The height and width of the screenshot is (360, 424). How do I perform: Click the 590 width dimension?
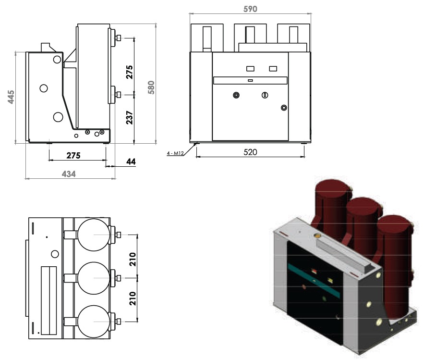(x=250, y=9)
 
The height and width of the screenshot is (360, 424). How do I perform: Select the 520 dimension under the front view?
(x=250, y=152)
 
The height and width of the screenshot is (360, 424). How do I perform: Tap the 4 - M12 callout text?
(x=175, y=153)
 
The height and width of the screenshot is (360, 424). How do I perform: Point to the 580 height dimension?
(x=151, y=87)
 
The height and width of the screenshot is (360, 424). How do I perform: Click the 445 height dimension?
(x=11, y=97)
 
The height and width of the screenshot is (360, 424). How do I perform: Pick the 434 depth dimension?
(x=69, y=174)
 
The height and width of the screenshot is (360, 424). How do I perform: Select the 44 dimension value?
(x=131, y=161)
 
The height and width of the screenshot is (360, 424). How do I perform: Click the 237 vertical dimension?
(x=130, y=117)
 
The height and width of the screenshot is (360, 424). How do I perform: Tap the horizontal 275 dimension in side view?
(x=73, y=155)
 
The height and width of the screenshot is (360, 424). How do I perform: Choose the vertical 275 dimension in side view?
(x=130, y=72)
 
